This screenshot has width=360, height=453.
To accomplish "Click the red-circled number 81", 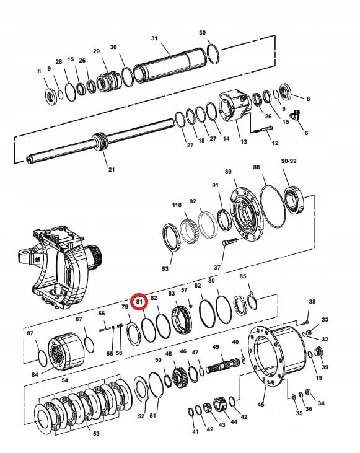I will [140, 302].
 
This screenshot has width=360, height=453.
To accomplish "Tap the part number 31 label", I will [155, 38].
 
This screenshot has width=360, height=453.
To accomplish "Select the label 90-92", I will [289, 161].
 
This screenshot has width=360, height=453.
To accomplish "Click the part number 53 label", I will [96, 434].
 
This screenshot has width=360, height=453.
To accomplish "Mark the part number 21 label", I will [112, 169].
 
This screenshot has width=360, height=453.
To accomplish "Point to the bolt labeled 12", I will [261, 130].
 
